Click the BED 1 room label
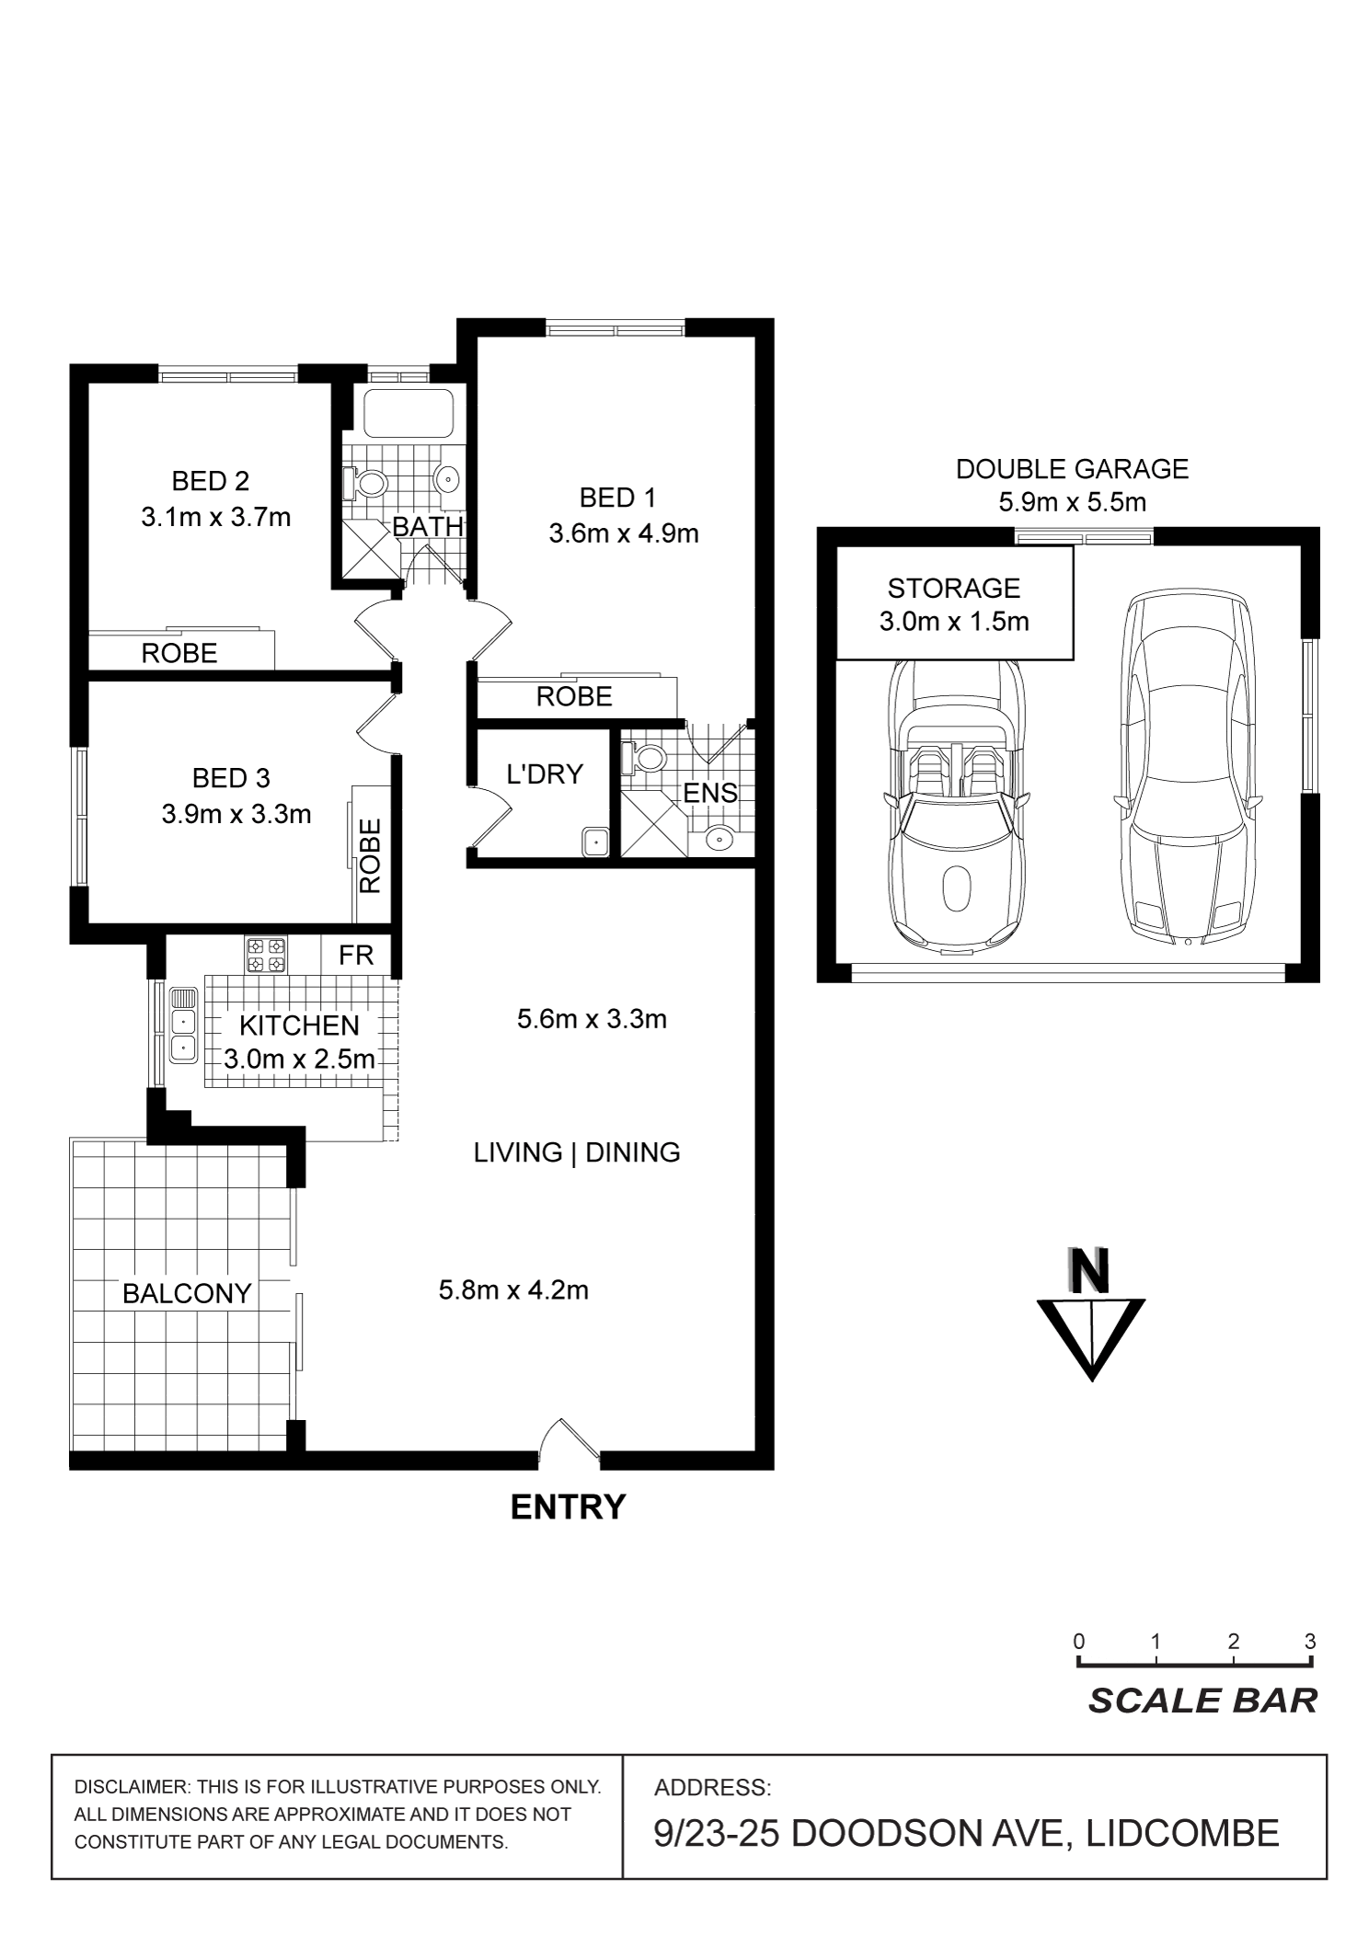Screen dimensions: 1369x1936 point(617,498)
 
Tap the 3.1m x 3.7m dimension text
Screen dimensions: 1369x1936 point(215,517)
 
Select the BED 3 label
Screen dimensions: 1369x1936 point(231,778)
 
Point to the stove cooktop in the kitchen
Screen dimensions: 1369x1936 point(265,954)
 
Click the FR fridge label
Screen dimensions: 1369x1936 point(356,956)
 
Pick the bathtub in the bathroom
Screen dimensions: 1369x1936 point(408,413)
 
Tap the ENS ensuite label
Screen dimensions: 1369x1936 point(710,793)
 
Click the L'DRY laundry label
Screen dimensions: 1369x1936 point(545,774)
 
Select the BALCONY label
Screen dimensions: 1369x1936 point(187,1294)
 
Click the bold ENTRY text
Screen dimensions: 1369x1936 point(568,1507)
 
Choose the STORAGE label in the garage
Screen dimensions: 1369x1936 point(953,588)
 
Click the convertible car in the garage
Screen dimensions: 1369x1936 point(956,807)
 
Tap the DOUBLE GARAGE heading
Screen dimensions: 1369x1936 point(1072,469)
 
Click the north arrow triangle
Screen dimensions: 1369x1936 point(1091,1338)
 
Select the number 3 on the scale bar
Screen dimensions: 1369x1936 point(1309,1642)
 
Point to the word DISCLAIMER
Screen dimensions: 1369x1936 point(130,1788)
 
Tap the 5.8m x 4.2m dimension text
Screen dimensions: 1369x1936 point(513,1290)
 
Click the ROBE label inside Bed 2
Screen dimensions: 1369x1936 point(179,654)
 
